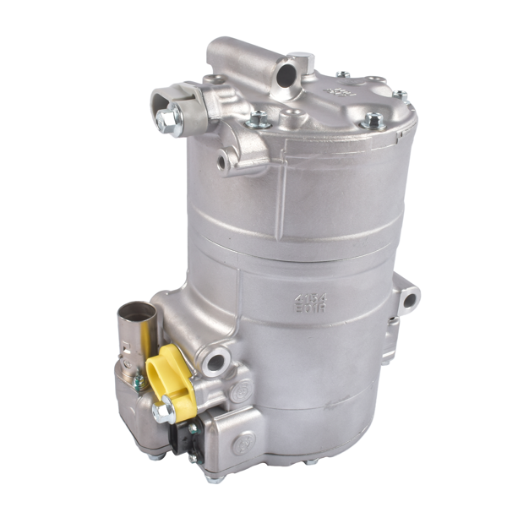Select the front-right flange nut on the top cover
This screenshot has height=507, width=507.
[372, 121]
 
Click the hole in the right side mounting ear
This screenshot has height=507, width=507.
[410, 298]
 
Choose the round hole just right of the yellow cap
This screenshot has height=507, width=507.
[215, 363]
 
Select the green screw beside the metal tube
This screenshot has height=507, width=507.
[137, 381]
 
